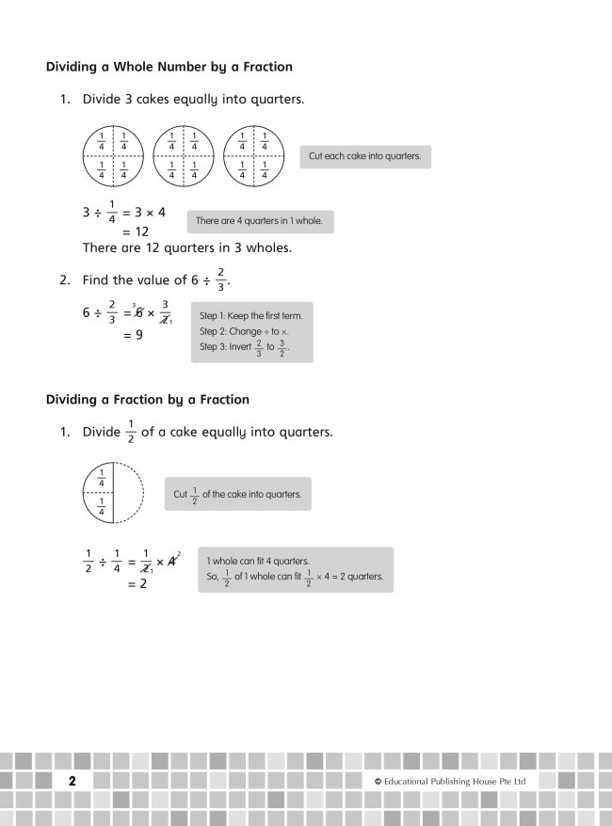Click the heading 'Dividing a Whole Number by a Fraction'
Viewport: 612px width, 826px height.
point(169,67)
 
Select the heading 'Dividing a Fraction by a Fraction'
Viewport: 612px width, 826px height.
point(148,400)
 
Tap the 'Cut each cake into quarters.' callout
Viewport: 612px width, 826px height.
point(364,156)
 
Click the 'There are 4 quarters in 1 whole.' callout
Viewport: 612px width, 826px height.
point(259,221)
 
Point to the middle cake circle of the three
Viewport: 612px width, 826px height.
point(183,156)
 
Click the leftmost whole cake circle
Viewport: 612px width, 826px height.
point(111,156)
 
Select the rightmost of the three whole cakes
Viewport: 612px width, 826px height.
point(253,156)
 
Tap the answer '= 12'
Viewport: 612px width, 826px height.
point(136,231)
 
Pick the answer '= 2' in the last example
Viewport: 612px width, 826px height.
point(136,583)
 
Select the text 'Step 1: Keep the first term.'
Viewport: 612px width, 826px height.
point(250,316)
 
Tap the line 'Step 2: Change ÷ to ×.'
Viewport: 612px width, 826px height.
point(243,332)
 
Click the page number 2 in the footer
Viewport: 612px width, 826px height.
point(72,782)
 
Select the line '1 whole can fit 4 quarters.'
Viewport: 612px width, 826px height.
point(258,561)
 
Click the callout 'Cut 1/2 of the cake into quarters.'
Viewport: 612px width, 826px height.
point(237,494)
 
